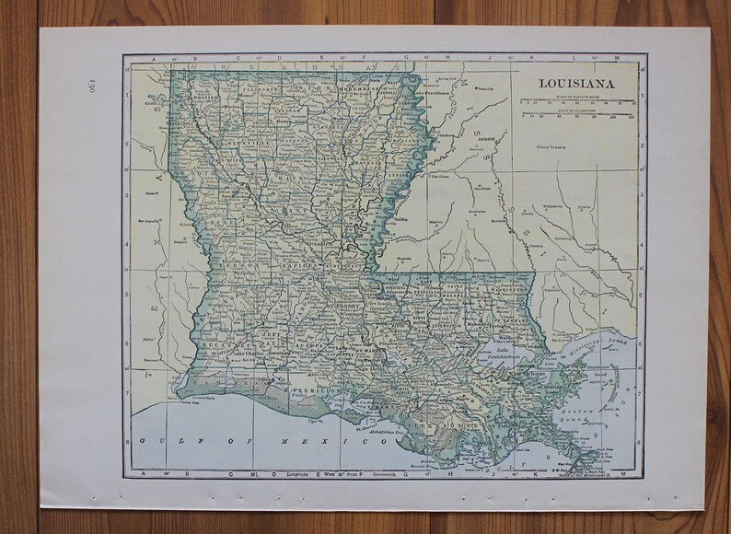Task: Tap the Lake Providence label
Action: point(431,92)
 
